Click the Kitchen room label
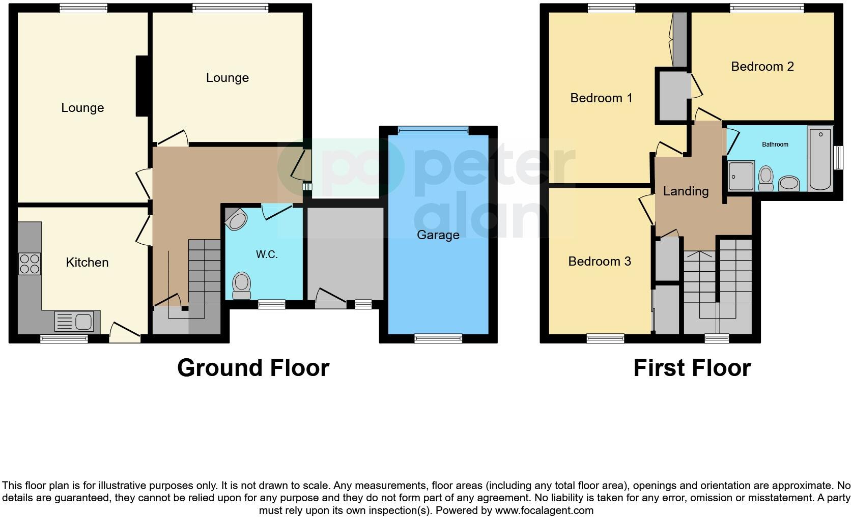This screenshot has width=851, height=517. click(87, 263)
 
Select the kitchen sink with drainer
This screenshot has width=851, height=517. click(74, 322)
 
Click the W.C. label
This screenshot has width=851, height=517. click(267, 254)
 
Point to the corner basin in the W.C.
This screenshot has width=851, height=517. click(236, 219)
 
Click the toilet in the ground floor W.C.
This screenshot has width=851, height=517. click(242, 285)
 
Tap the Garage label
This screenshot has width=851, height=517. click(438, 235)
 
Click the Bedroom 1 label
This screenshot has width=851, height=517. click(601, 98)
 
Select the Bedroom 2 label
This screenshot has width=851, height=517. click(762, 67)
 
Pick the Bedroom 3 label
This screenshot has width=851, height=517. click(600, 262)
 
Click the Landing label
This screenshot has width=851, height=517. click(686, 191)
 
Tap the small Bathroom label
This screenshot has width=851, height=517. click(775, 145)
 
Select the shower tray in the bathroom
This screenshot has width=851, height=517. click(741, 176)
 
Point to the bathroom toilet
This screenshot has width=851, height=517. click(765, 179)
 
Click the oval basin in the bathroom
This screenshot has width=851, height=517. click(789, 183)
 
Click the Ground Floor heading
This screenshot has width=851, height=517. click(253, 368)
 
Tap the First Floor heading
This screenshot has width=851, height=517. click(692, 368)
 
